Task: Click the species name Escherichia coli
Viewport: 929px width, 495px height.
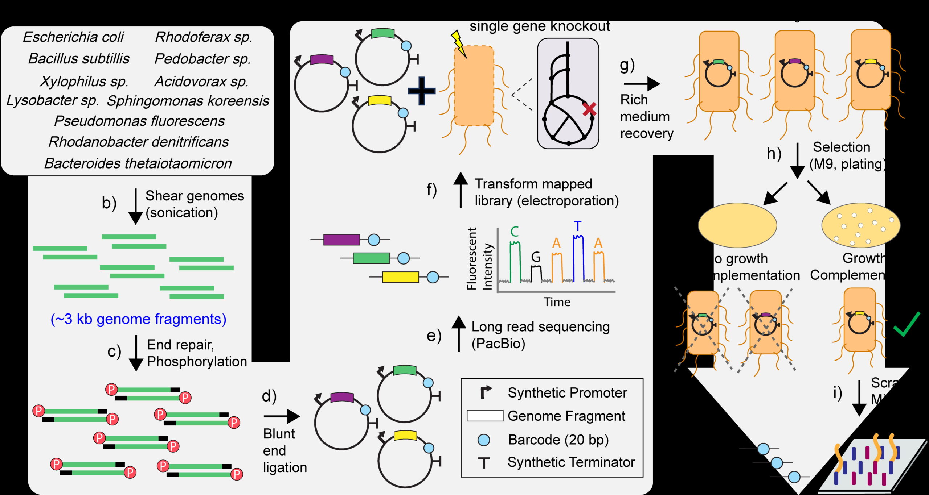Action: click(x=73, y=37)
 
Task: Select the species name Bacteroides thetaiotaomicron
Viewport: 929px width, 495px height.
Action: click(x=138, y=163)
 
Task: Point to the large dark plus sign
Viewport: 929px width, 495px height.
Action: click(x=422, y=91)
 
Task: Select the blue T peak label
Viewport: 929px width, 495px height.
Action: click(x=578, y=226)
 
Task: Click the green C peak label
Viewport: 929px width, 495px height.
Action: click(x=515, y=232)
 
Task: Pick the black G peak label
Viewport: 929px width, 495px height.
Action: click(x=536, y=257)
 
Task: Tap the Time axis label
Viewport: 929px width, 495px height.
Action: click(x=557, y=302)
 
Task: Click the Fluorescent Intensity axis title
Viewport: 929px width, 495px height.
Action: click(x=479, y=259)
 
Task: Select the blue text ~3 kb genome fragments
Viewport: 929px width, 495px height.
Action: click(x=138, y=319)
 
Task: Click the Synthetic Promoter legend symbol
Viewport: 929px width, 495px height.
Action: click(x=486, y=392)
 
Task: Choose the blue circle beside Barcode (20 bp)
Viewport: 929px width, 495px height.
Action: click(x=484, y=440)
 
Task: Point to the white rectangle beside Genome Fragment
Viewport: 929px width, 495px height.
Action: click(x=485, y=416)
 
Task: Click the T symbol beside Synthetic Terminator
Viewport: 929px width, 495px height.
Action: click(x=484, y=463)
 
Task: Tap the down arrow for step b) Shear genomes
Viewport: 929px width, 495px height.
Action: click(x=135, y=207)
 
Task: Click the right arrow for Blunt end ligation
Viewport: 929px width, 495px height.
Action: click(x=282, y=416)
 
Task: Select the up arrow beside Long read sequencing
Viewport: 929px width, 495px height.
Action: click(x=459, y=333)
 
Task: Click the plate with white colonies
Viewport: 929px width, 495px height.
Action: click(x=861, y=225)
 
